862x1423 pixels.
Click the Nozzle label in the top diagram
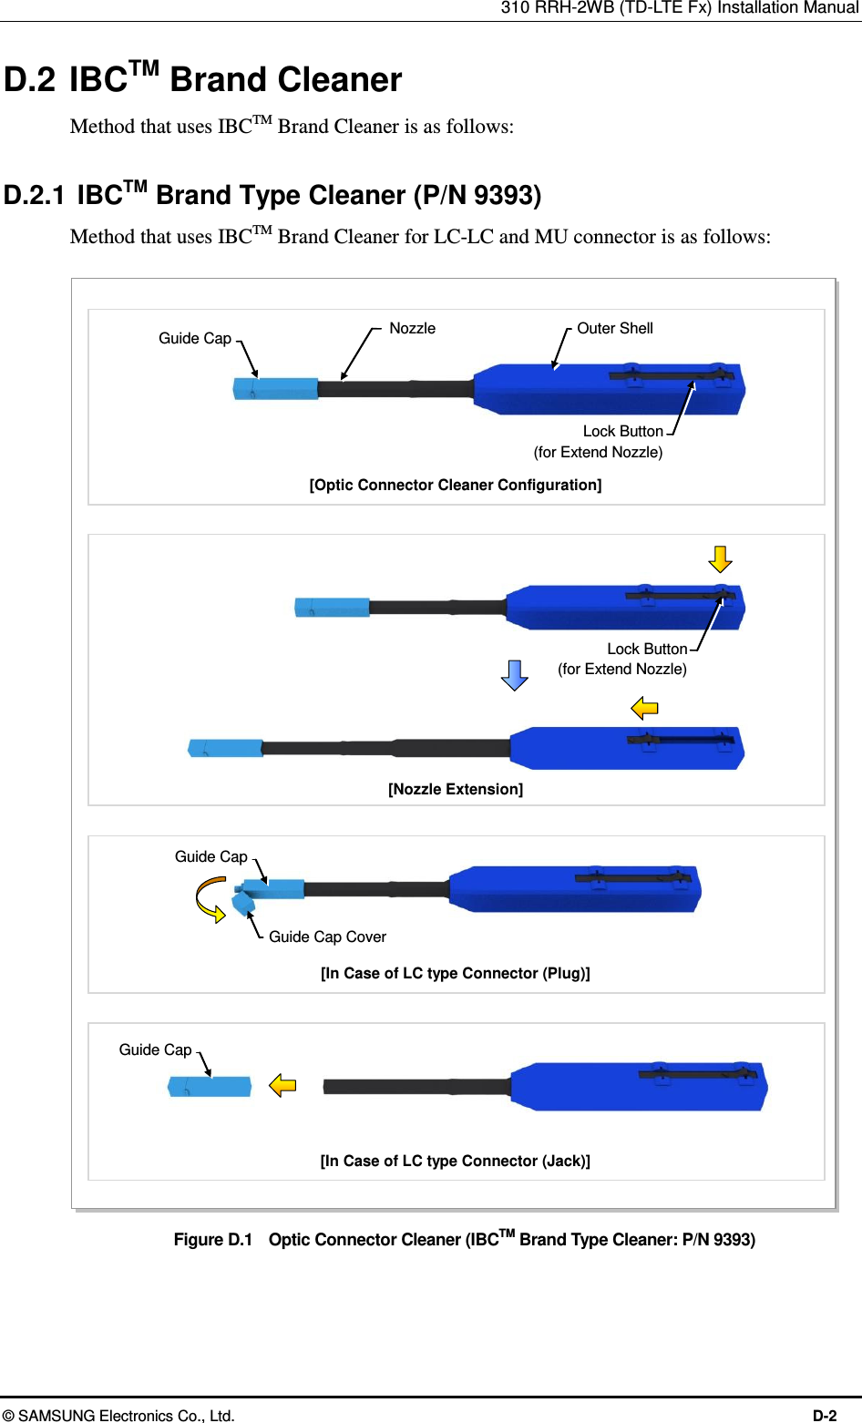tap(412, 328)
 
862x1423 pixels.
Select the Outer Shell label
tap(615, 328)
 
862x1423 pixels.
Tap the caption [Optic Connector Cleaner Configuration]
tap(456, 485)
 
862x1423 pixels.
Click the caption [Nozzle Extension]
tap(456, 789)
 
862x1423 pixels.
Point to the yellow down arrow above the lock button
tap(721, 558)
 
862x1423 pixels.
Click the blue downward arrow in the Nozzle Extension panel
tap(515, 675)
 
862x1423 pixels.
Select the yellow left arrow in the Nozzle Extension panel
tap(645, 708)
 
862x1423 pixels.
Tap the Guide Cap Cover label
tap(327, 937)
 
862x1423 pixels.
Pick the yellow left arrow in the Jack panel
tap(282, 1085)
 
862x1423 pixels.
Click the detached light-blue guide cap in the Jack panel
tap(210, 1087)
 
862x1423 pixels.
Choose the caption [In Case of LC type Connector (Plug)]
tap(456, 973)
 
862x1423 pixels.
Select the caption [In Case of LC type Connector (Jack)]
tap(456, 1161)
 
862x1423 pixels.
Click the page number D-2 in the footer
tap(825, 1415)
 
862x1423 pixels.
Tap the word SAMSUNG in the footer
tap(56, 1415)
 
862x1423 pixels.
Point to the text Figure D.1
tap(212, 1240)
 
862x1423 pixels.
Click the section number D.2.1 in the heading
tap(35, 195)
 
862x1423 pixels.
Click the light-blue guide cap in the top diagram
tap(275, 388)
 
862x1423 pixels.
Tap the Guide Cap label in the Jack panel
tap(155, 1049)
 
